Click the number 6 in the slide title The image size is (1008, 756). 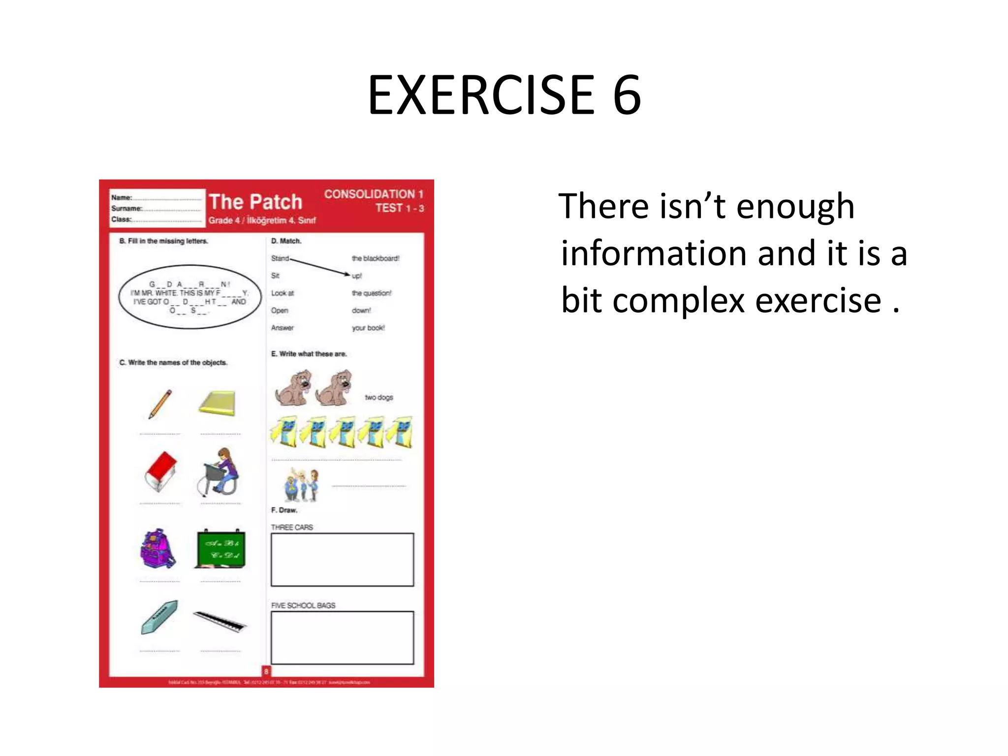click(x=627, y=94)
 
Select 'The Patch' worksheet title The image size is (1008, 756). click(x=255, y=202)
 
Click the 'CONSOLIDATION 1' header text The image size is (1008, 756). click(x=373, y=194)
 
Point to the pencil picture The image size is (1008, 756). click(x=160, y=404)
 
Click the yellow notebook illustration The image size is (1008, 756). click(x=218, y=403)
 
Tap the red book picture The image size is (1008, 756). click(x=160, y=471)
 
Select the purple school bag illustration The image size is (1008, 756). click(x=157, y=549)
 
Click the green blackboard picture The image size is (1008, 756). click(x=220, y=549)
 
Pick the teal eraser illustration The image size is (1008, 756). click(x=159, y=617)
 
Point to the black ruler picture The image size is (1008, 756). click(x=220, y=621)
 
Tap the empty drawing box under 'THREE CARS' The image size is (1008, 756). click(x=342, y=560)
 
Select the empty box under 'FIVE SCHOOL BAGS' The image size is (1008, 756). click(x=342, y=637)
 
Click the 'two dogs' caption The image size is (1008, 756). click(x=378, y=397)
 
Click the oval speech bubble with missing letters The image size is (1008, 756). click(x=189, y=297)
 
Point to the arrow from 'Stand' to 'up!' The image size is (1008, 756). click(x=320, y=266)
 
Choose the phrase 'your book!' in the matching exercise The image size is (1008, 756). click(x=368, y=328)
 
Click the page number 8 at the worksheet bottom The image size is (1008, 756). click(x=266, y=671)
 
